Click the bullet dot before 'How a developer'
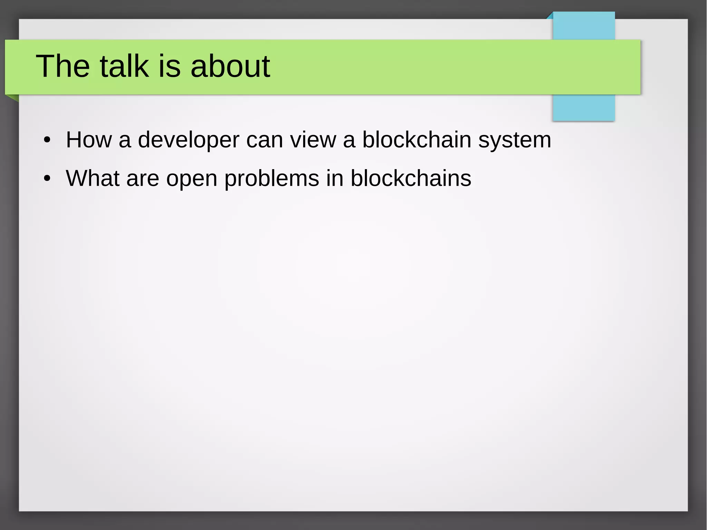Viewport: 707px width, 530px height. (47, 141)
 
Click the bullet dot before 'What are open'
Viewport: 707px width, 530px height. (47, 179)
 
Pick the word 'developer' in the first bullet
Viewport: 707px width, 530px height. (188, 141)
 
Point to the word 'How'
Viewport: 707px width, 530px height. (89, 140)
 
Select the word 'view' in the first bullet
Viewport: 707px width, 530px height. (313, 140)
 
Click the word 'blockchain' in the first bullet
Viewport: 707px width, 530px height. (417, 140)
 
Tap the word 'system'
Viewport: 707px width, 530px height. (514, 141)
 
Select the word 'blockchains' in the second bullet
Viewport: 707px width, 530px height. (411, 178)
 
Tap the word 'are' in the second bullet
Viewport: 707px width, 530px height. (143, 179)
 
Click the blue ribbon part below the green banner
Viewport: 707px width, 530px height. (583, 107)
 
